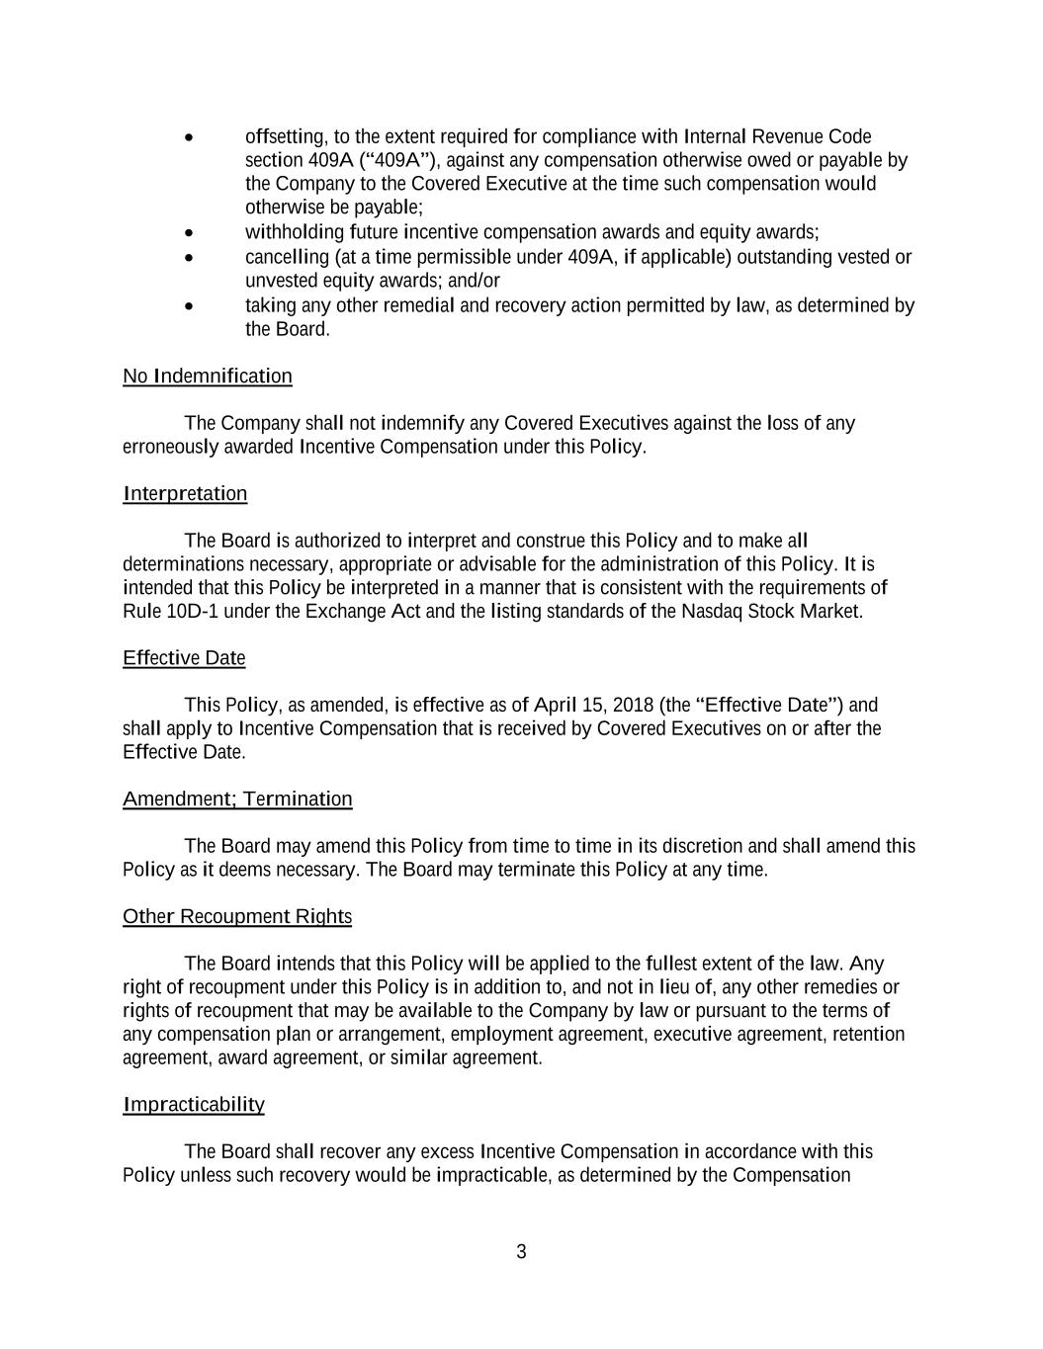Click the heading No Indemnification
(x=208, y=377)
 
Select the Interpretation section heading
(x=185, y=494)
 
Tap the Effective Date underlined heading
(x=184, y=658)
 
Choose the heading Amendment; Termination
(x=237, y=800)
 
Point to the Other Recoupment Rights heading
(x=237, y=917)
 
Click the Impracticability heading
(x=194, y=1105)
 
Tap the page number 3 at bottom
(x=521, y=1252)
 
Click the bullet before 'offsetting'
(x=189, y=137)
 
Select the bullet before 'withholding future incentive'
(x=189, y=233)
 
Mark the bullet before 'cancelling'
(x=189, y=258)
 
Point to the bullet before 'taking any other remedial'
(x=189, y=306)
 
